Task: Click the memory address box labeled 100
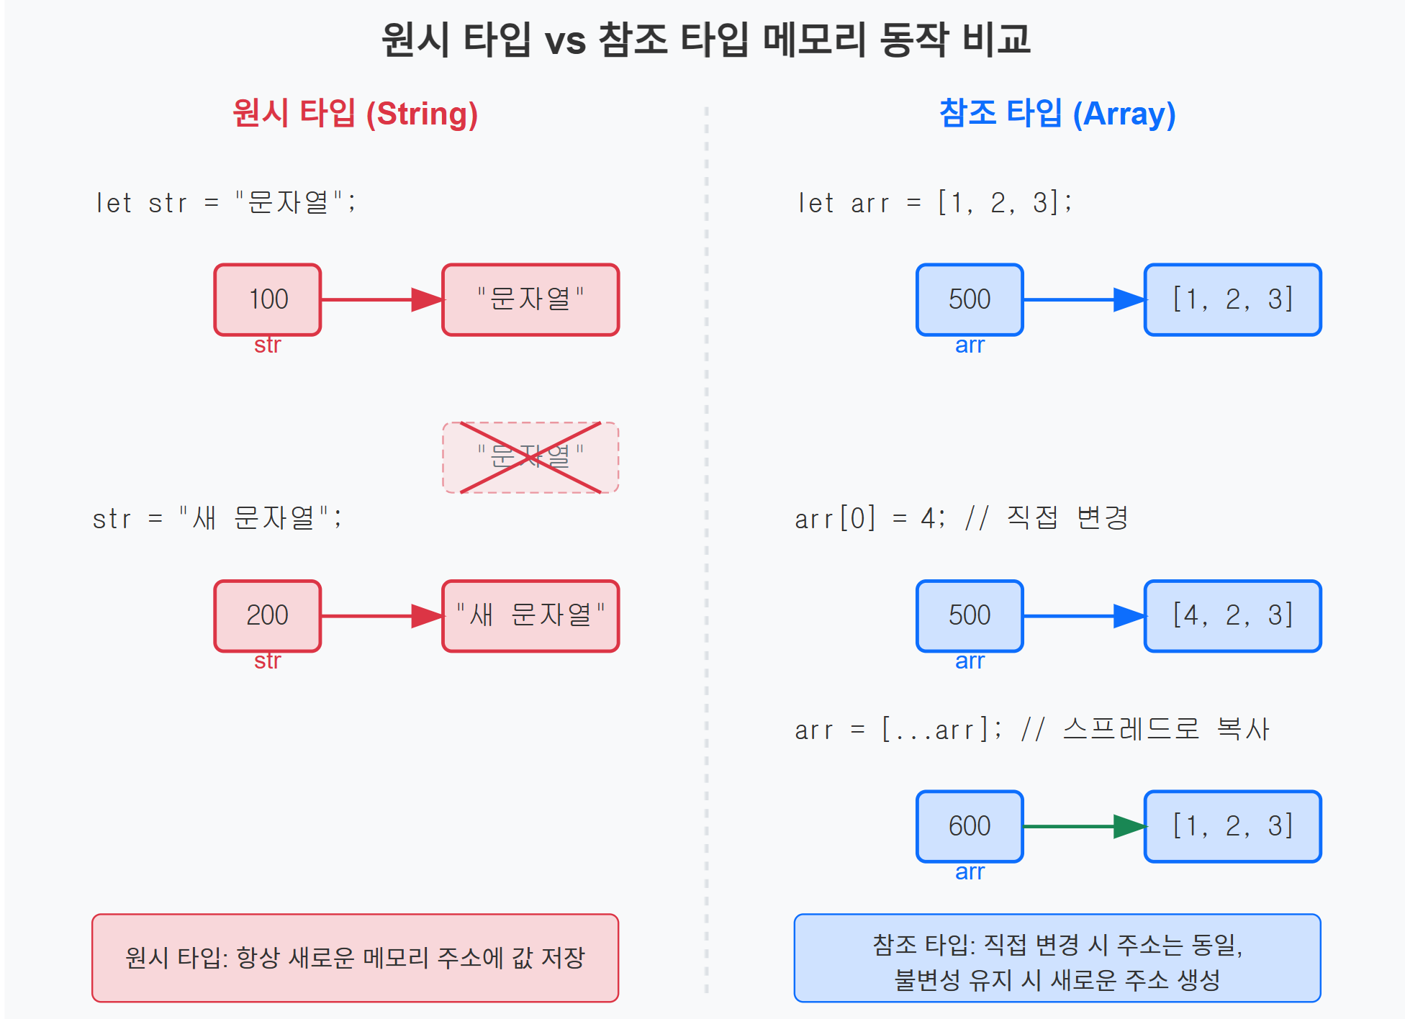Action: click(x=268, y=299)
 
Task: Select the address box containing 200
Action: click(x=268, y=615)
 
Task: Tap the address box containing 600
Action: click(x=970, y=826)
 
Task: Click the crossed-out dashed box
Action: click(x=530, y=458)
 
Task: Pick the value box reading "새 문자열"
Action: click(x=530, y=615)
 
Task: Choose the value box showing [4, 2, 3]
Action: click(x=1232, y=615)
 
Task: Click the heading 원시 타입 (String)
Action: click(x=356, y=114)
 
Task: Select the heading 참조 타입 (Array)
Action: click(x=1057, y=114)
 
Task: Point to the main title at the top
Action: click(x=705, y=40)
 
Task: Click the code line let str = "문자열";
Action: click(x=226, y=203)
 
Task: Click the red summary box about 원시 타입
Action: click(x=356, y=958)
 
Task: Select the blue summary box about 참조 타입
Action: click(x=1057, y=958)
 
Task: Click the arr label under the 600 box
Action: click(x=970, y=872)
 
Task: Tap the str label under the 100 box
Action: click(x=268, y=345)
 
